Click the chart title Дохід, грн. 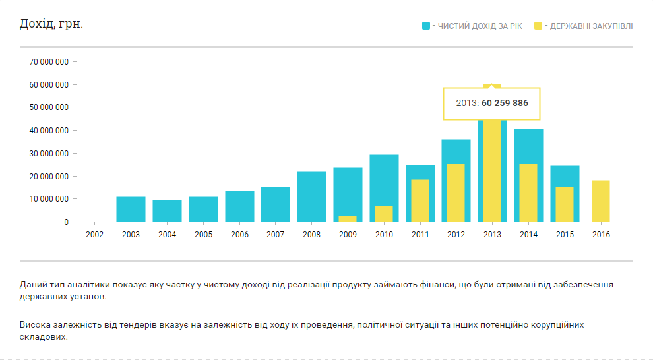[51, 24]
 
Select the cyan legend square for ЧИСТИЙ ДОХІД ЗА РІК [426, 26]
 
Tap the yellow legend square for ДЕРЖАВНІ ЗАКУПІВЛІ [538, 26]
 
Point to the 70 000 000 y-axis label [49, 62]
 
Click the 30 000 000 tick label [49, 154]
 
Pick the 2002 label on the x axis [95, 234]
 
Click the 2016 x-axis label [601, 234]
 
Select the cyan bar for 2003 [131, 209]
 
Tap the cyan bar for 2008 [311, 196]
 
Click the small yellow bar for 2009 [348, 218]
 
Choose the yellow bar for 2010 [384, 214]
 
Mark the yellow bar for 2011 [420, 200]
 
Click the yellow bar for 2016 [601, 200]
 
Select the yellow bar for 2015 [565, 204]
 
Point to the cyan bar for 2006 [239, 206]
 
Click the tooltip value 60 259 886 [505, 104]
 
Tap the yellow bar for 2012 [456, 193]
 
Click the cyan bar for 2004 [167, 210]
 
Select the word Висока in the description [34, 325]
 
